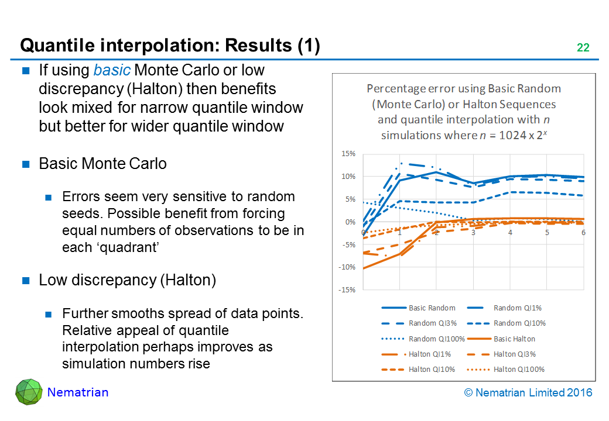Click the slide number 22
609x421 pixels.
tap(583, 48)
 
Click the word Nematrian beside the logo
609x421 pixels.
tap(78, 392)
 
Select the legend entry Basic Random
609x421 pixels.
tap(428, 308)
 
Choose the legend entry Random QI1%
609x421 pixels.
tap(516, 308)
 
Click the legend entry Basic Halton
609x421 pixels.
tap(514, 339)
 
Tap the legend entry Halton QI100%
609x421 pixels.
tap(519, 369)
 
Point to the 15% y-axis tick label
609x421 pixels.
tap(348, 154)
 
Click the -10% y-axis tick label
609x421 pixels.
tap(347, 267)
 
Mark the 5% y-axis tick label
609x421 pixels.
tap(350, 199)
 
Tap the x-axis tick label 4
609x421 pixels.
tap(511, 232)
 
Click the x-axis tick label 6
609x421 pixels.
tap(583, 232)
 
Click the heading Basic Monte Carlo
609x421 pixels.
tap(102, 164)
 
